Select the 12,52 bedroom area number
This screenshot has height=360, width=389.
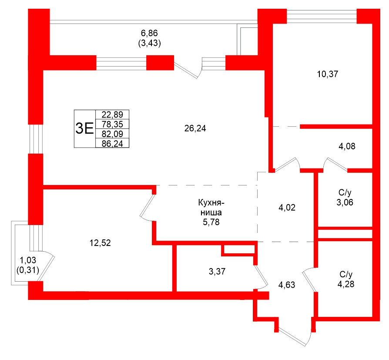pyautogui.click(x=100, y=243)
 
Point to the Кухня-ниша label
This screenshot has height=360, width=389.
pyautogui.click(x=211, y=208)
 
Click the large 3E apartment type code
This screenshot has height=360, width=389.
pyautogui.click(x=84, y=128)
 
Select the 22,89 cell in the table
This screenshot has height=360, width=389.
pyautogui.click(x=112, y=115)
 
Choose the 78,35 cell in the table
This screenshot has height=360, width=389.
pyautogui.click(x=112, y=124)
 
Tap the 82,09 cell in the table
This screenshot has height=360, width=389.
pyautogui.click(x=112, y=133)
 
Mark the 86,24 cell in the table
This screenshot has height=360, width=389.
pyautogui.click(x=112, y=142)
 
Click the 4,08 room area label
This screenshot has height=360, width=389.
pyautogui.click(x=347, y=147)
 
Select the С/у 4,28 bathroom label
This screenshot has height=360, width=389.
pyautogui.click(x=345, y=280)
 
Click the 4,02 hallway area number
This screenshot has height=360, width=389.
pyautogui.click(x=287, y=208)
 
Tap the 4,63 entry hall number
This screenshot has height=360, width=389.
pyautogui.click(x=287, y=286)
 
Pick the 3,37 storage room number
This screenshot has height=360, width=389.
pyautogui.click(x=217, y=272)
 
